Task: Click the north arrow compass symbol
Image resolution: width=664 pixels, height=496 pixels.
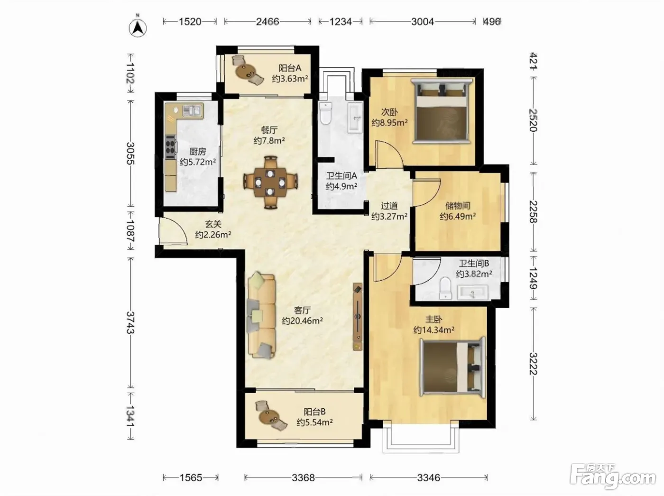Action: (x=138, y=28)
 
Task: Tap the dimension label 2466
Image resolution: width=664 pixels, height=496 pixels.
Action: (x=267, y=22)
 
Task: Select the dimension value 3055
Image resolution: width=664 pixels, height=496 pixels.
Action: (x=131, y=153)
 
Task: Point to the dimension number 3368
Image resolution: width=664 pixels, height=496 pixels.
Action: (x=303, y=478)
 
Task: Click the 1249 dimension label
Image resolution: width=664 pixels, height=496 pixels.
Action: (x=533, y=278)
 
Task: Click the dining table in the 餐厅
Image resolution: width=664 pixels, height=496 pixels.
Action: (x=270, y=183)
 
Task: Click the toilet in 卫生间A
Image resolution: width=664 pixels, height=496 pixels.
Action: (x=325, y=113)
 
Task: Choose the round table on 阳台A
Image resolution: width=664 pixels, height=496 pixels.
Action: (x=245, y=72)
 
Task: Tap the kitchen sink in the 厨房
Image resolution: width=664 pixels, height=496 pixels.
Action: (x=193, y=110)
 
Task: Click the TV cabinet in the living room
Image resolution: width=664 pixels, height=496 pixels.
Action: (x=358, y=317)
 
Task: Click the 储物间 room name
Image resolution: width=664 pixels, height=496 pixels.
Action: (x=458, y=206)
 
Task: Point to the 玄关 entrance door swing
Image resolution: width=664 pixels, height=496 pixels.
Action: (x=173, y=231)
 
